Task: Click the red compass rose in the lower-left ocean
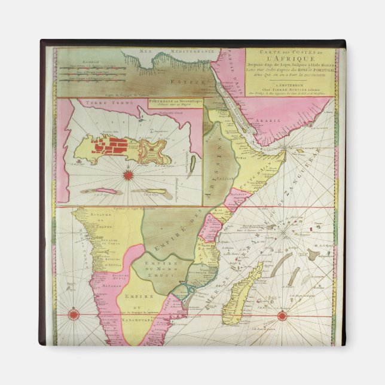[x=73, y=314]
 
